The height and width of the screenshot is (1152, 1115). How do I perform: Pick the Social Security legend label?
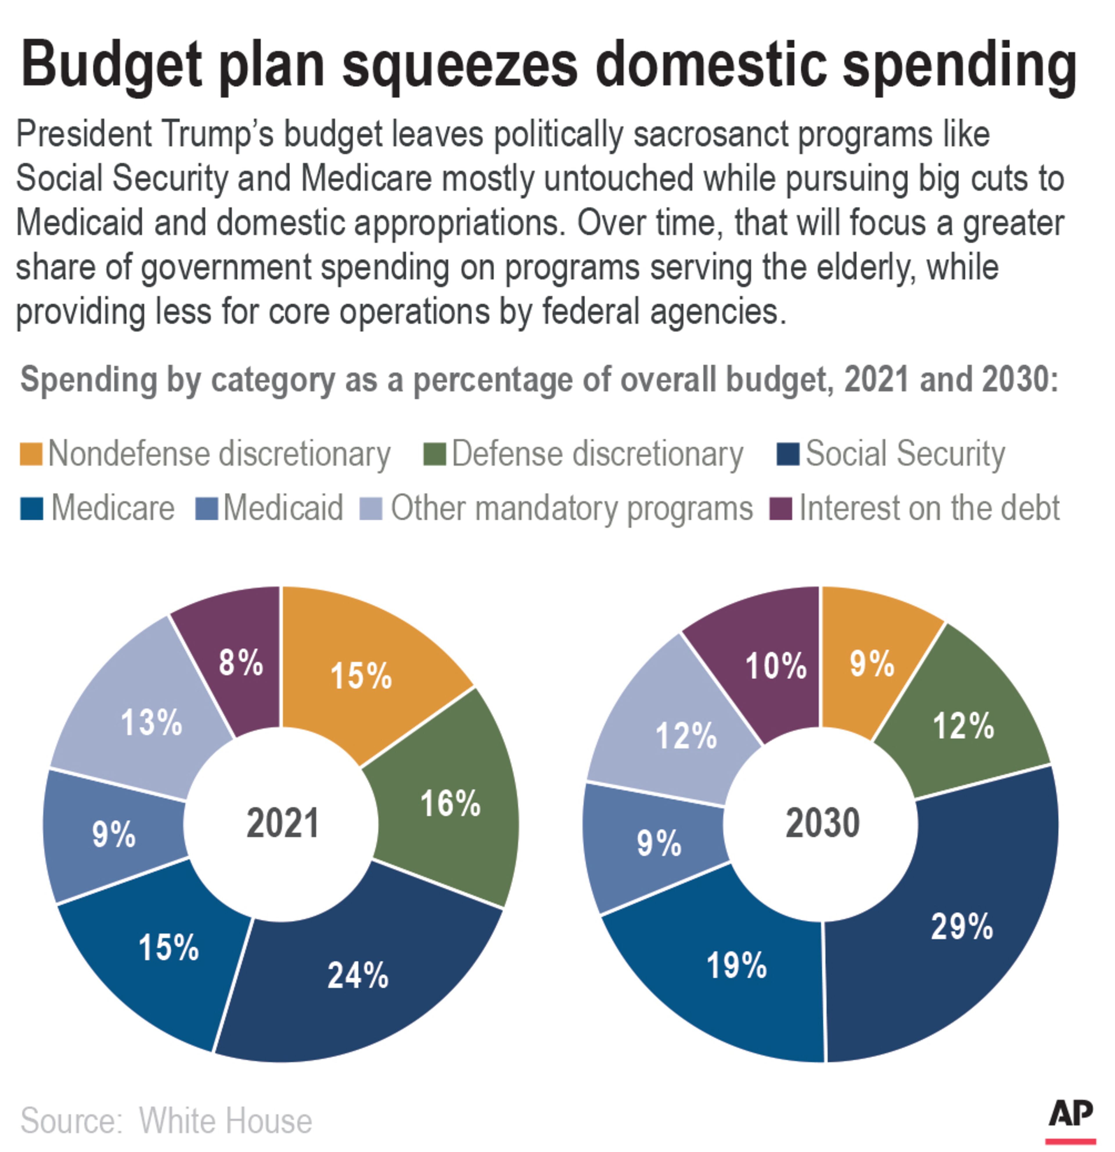(x=905, y=454)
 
